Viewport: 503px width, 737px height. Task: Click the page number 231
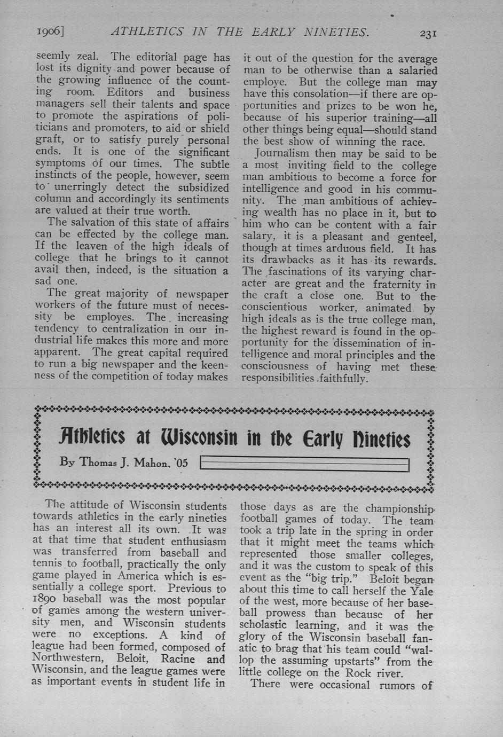(x=428, y=33)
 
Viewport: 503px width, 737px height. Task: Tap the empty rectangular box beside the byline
(x=305, y=464)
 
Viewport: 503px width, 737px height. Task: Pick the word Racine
(x=178, y=658)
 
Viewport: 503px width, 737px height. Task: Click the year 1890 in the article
(x=46, y=600)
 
